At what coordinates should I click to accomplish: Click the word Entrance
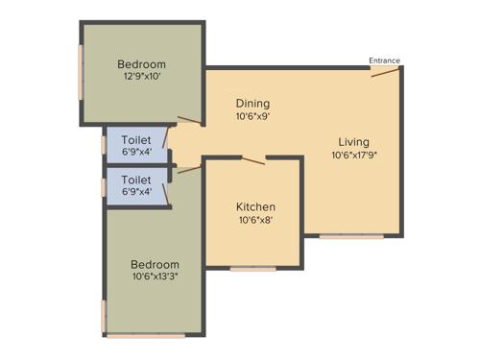click(385, 60)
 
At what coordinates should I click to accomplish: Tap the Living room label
click(353, 142)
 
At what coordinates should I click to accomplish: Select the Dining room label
click(252, 103)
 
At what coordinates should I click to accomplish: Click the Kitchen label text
click(255, 206)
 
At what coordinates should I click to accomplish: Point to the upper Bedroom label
click(142, 64)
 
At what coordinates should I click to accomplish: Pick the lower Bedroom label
click(155, 263)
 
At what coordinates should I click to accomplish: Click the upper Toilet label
click(136, 138)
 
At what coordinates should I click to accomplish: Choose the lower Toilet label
click(136, 180)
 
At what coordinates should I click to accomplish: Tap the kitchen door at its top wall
click(252, 159)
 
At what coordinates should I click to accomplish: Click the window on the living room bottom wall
click(351, 236)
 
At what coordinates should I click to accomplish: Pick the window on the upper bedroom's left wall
click(82, 73)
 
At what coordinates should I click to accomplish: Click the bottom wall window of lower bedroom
click(145, 336)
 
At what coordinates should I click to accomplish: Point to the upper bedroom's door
click(190, 120)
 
